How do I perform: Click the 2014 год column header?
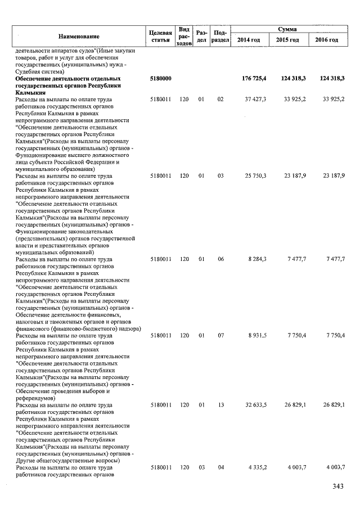click(x=248, y=40)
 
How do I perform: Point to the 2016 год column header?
click(x=327, y=40)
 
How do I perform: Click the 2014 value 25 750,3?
click(x=255, y=176)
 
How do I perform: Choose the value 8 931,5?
click(x=257, y=335)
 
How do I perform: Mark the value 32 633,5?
click(x=255, y=404)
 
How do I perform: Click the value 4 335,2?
click(x=257, y=467)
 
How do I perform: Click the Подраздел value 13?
click(x=220, y=404)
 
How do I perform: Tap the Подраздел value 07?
click(x=220, y=335)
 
